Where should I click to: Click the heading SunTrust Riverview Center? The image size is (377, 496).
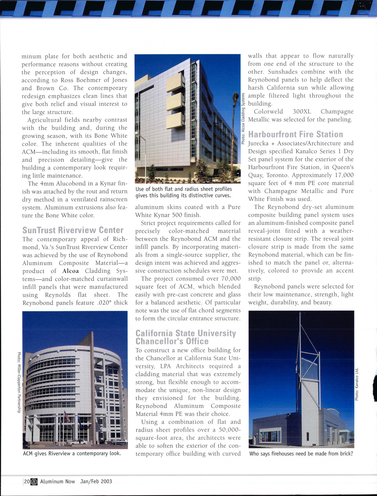[73, 230]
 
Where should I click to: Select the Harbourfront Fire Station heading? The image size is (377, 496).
[296, 134]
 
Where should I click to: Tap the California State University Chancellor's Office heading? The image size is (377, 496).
[186, 337]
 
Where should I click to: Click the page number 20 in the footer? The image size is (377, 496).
[27, 481]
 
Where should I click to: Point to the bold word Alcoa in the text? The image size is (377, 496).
[70, 271]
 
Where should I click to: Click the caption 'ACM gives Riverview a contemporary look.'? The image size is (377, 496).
[72, 453]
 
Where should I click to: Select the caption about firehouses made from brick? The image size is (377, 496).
[301, 454]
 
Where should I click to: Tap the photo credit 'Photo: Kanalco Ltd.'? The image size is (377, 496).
[357, 384]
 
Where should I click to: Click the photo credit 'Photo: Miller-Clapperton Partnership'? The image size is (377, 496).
[19, 382]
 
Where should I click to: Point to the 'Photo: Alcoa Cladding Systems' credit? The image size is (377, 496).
[243, 118]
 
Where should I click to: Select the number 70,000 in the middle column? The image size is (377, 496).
[230, 278]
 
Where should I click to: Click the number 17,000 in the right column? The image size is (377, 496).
[344, 175]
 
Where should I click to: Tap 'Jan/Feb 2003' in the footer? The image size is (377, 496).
[96, 481]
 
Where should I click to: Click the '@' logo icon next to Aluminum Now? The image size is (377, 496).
[34, 482]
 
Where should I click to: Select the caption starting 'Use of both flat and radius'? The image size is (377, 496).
[184, 192]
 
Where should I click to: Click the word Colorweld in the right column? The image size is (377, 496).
[268, 111]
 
